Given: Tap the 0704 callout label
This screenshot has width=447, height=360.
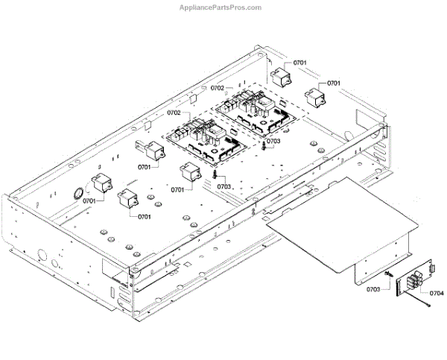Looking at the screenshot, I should click(x=436, y=293).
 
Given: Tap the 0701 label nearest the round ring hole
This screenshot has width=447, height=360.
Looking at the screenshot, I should click(x=90, y=201).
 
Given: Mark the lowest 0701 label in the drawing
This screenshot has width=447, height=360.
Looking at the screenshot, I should click(x=142, y=217).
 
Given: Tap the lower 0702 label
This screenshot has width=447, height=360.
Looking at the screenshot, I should click(x=174, y=113).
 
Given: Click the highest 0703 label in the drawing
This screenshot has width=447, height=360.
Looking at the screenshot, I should click(x=273, y=141).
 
